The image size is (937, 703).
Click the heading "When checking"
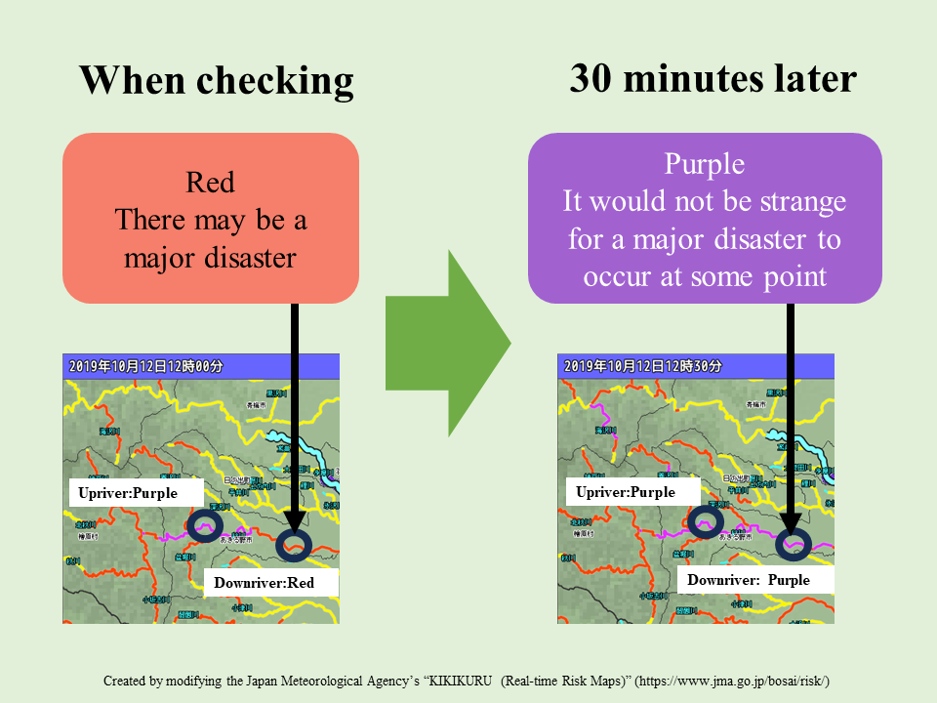coord(216,81)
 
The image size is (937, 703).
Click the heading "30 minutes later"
coord(713,79)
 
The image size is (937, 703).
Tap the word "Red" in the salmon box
coord(210,183)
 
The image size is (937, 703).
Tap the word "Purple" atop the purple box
coord(704,164)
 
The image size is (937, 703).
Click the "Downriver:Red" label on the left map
coord(265,583)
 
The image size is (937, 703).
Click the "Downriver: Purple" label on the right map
coord(748,580)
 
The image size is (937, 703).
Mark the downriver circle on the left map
coord(295,545)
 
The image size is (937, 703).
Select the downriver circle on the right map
coord(794,545)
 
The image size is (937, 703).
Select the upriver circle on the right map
coord(705,522)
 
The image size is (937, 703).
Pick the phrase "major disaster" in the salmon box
coord(211,258)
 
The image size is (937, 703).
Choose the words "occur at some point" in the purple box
coord(705,276)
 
